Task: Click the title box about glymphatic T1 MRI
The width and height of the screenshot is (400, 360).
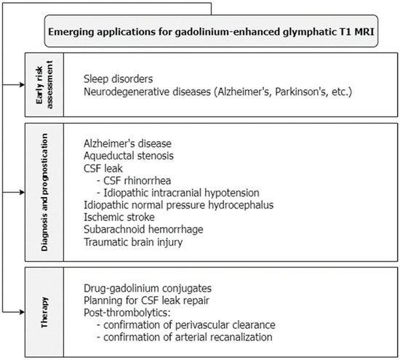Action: (x=212, y=33)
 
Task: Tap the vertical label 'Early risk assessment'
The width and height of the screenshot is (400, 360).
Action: (x=36, y=84)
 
